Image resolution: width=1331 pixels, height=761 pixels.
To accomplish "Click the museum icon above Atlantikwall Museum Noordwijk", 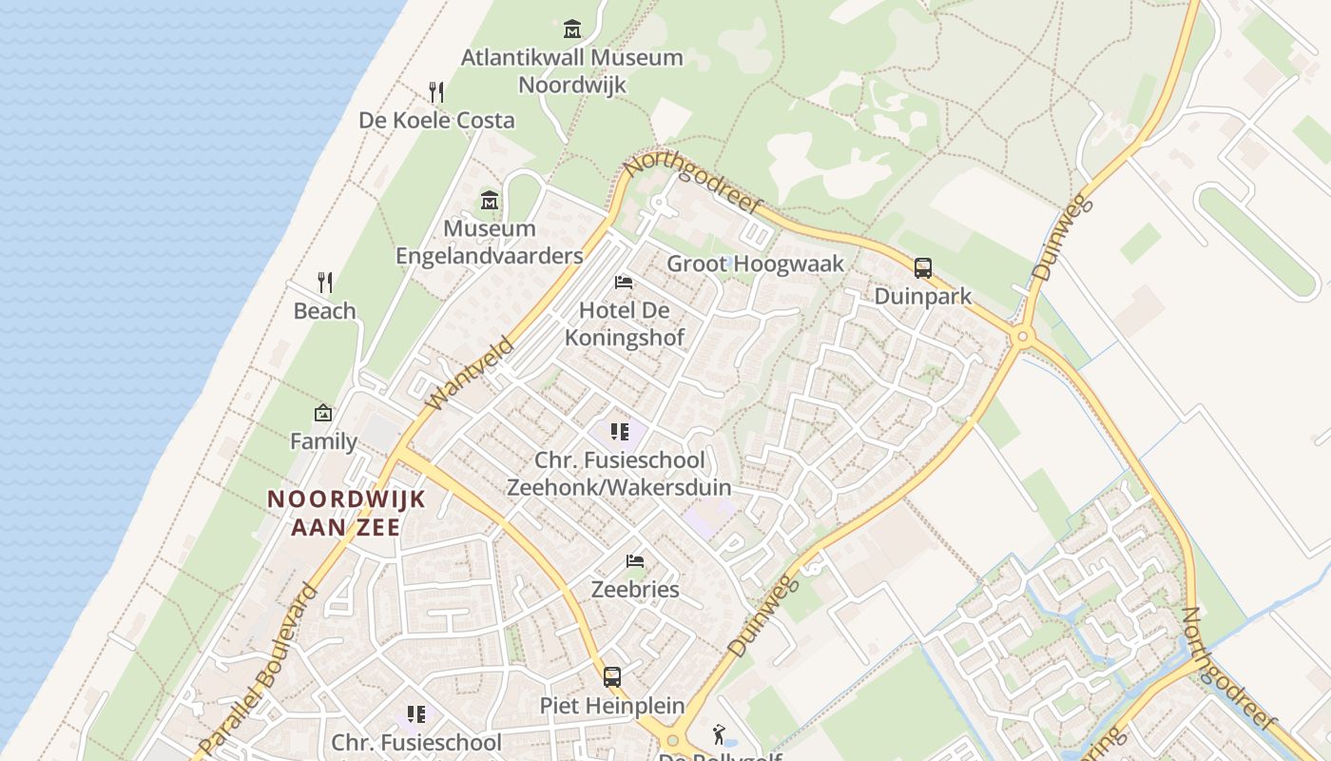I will [571, 29].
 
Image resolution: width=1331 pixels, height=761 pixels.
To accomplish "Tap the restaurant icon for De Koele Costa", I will [436, 92].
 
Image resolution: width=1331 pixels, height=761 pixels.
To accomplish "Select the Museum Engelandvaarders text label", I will [490, 243].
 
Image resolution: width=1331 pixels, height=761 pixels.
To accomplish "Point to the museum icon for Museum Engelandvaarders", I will [490, 201].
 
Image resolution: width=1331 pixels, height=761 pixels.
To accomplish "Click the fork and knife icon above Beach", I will [325, 283].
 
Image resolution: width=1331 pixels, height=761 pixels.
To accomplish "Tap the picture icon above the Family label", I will [323, 413].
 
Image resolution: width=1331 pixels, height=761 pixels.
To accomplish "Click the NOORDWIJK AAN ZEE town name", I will [346, 513].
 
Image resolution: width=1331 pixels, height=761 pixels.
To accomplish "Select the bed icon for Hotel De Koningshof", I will [624, 283].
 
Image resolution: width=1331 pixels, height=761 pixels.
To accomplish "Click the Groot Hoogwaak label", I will [755, 263].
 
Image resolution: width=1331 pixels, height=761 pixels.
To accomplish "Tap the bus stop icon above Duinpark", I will [922, 268].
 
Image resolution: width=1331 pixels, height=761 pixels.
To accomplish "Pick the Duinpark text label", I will [922, 296].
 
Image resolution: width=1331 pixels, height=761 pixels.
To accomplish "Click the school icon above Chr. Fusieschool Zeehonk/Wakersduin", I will [620, 433].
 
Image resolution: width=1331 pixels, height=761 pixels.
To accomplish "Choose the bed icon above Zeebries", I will [635, 561].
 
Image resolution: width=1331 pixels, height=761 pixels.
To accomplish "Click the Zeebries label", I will [635, 589].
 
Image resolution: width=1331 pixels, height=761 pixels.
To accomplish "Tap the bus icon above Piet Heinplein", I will [612, 677].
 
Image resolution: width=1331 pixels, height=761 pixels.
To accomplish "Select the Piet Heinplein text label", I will [612, 705].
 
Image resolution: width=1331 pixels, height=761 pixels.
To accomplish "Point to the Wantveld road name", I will [470, 374].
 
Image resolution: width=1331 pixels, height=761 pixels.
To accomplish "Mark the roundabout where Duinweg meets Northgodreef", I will [1023, 336].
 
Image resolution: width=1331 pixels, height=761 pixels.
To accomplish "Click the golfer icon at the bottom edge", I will [720, 734].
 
